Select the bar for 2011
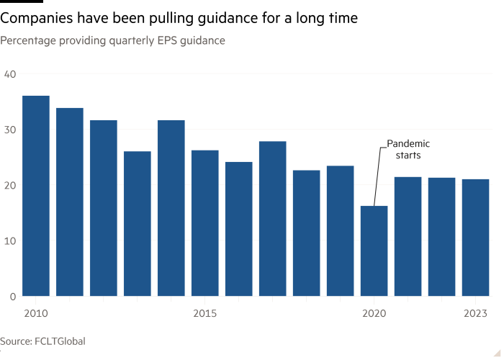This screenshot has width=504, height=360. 70,202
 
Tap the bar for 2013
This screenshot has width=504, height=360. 137,224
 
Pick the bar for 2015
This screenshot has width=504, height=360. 204,223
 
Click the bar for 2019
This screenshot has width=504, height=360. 340,231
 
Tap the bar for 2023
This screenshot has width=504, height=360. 475,238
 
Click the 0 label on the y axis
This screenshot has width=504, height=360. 12,296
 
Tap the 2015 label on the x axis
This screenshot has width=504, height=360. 205,313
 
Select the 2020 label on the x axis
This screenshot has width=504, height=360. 374,313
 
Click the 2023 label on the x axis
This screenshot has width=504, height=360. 475,313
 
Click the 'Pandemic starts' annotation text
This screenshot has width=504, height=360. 408,150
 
